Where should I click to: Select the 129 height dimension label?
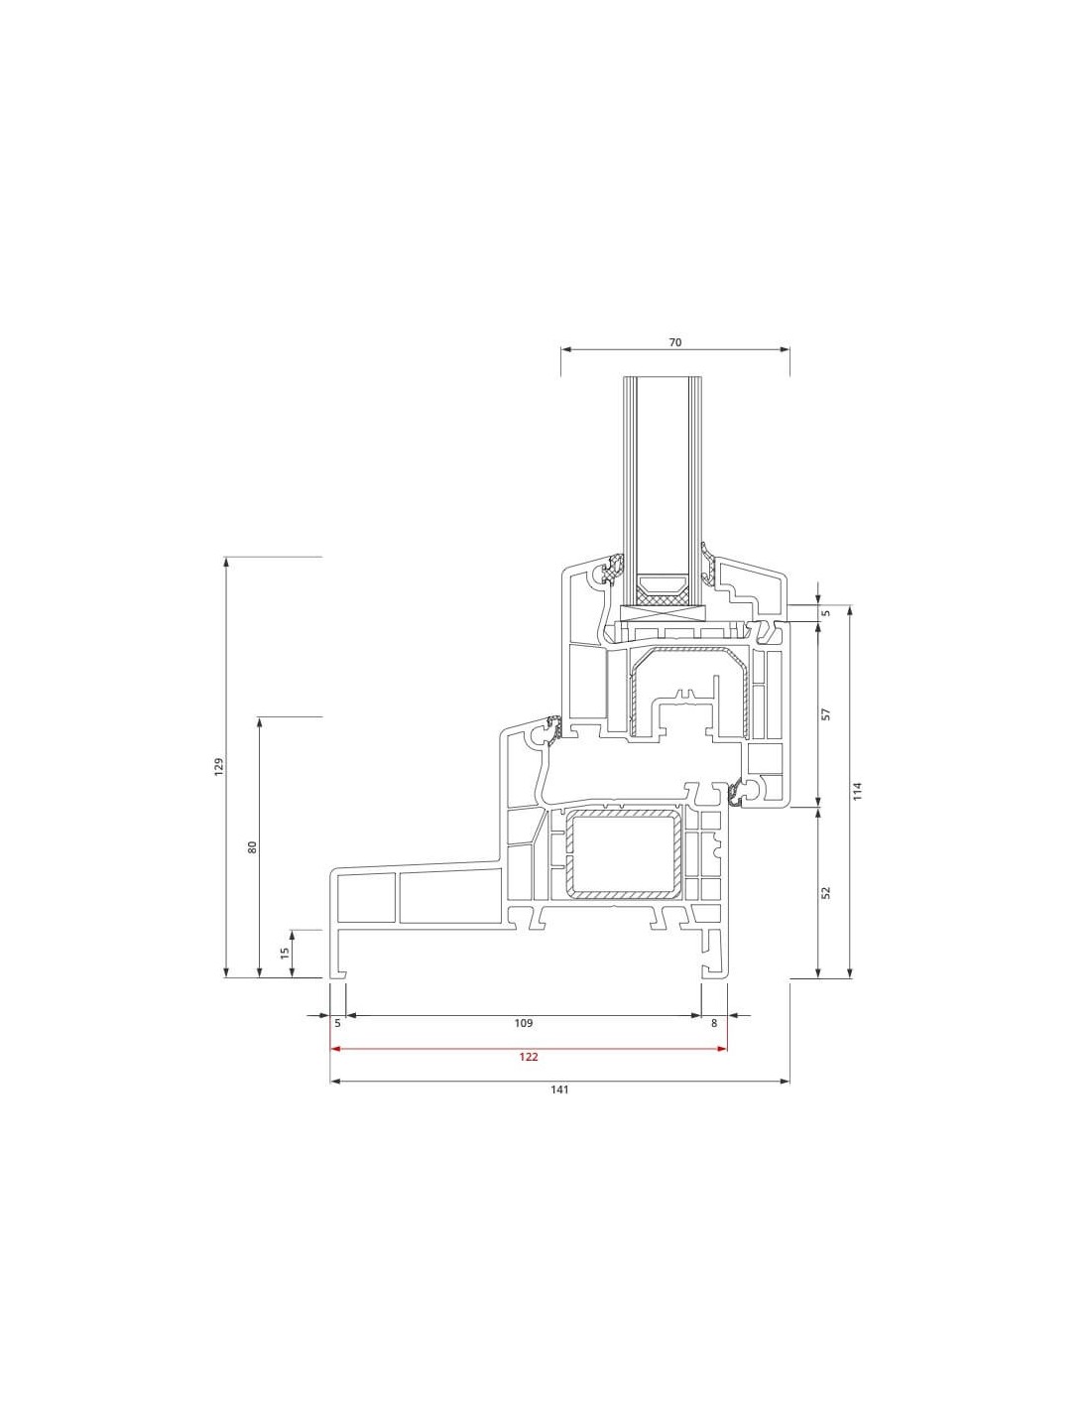[x=219, y=765]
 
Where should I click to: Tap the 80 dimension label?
[x=253, y=846]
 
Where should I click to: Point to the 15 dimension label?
[x=285, y=953]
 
